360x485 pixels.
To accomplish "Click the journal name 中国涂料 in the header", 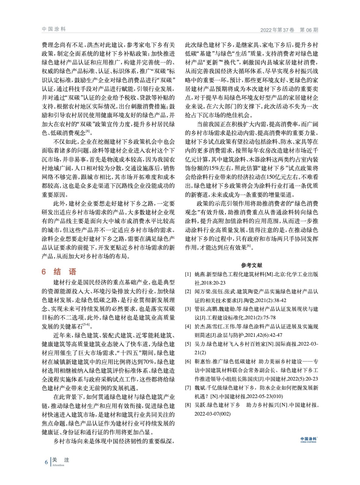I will (x=54, y=29).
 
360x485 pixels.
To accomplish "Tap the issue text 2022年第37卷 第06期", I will (x=289, y=30).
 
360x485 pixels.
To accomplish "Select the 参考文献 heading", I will (x=251, y=265).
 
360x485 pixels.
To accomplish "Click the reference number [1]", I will (x=188, y=274).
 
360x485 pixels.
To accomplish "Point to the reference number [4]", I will (x=188, y=327).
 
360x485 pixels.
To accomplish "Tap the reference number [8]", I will (x=188, y=405).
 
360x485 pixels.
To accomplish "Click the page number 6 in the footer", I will (x=46, y=462).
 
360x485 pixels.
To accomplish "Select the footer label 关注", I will (x=61, y=460).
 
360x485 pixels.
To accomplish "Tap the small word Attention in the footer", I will (x=58, y=465).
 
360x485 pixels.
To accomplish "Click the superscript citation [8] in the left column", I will (x=88, y=131).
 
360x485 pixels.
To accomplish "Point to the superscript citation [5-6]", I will (x=86, y=325).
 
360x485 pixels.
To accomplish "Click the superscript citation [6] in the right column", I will (x=249, y=246).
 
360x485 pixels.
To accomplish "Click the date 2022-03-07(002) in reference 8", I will (x=213, y=414).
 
